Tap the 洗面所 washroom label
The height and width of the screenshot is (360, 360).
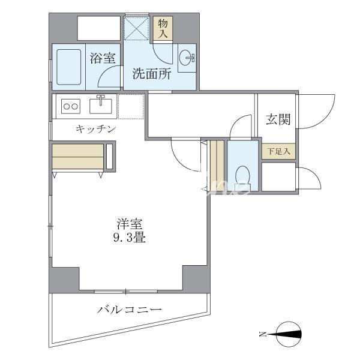(152, 74)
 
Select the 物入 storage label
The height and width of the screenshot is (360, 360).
(163, 28)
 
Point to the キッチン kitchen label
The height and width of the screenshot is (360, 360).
(95, 128)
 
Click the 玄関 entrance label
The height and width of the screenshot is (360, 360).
(278, 119)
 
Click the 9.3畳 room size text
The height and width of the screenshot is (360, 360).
(129, 237)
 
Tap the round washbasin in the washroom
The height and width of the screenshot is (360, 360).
(187, 59)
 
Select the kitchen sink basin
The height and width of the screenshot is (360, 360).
(101, 106)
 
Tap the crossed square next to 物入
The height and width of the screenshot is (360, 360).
(136, 28)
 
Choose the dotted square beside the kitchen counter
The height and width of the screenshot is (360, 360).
(131, 106)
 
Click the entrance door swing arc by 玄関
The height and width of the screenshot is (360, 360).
(312, 111)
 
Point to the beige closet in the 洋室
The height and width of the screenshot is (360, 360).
(79, 156)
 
